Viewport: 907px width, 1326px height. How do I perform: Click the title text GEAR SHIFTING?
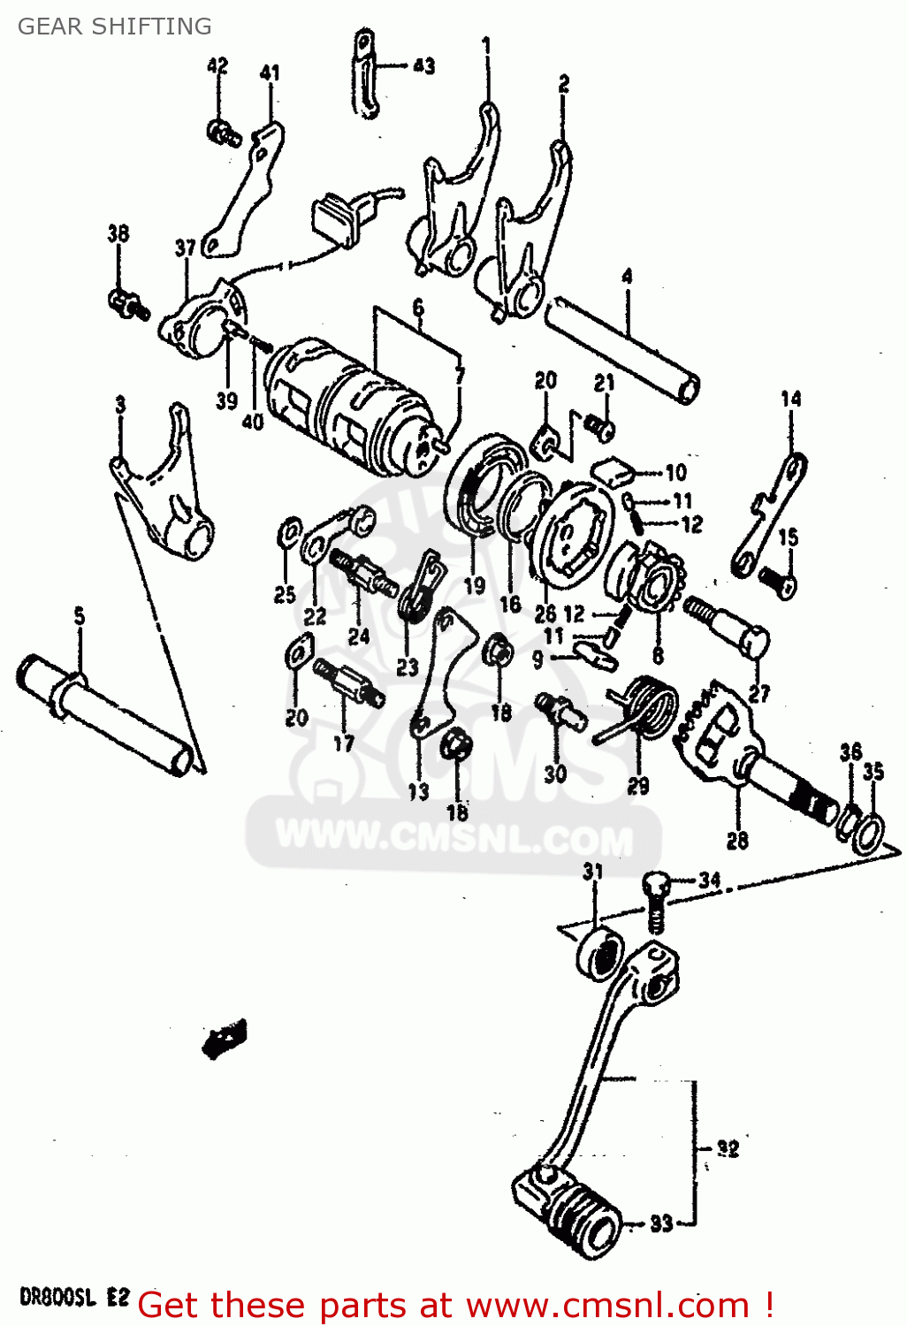[114, 27]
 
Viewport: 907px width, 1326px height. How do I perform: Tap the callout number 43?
[423, 65]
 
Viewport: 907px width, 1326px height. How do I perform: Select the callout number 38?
[118, 233]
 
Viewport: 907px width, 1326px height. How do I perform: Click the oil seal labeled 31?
[598, 954]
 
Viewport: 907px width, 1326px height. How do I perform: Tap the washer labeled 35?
[868, 832]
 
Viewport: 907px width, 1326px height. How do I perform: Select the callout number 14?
[790, 399]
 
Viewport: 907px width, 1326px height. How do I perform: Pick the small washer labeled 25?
[286, 532]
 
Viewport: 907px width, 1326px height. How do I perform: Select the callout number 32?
[727, 1148]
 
